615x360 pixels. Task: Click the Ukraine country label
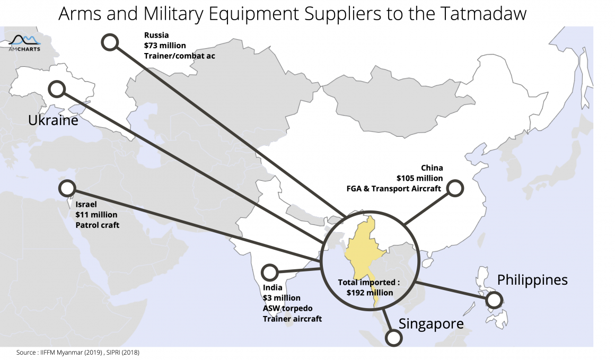tap(53, 120)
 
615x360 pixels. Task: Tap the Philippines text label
tap(532, 280)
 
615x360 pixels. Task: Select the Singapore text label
tap(431, 324)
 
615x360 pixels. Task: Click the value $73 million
tap(165, 46)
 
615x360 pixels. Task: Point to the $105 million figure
tap(420, 178)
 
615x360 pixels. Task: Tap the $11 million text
tap(96, 215)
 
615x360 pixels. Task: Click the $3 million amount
tap(282, 297)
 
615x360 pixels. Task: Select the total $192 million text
tap(370, 293)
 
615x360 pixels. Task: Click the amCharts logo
tap(24, 43)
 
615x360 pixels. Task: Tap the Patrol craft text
tap(97, 225)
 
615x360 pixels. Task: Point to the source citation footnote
tap(77, 352)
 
